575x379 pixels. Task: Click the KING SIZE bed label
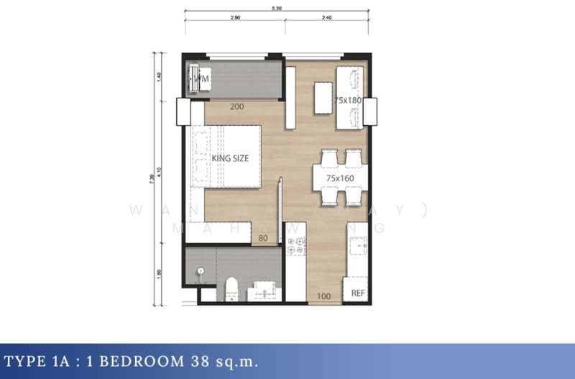(231, 158)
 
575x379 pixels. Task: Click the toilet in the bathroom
(231, 288)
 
